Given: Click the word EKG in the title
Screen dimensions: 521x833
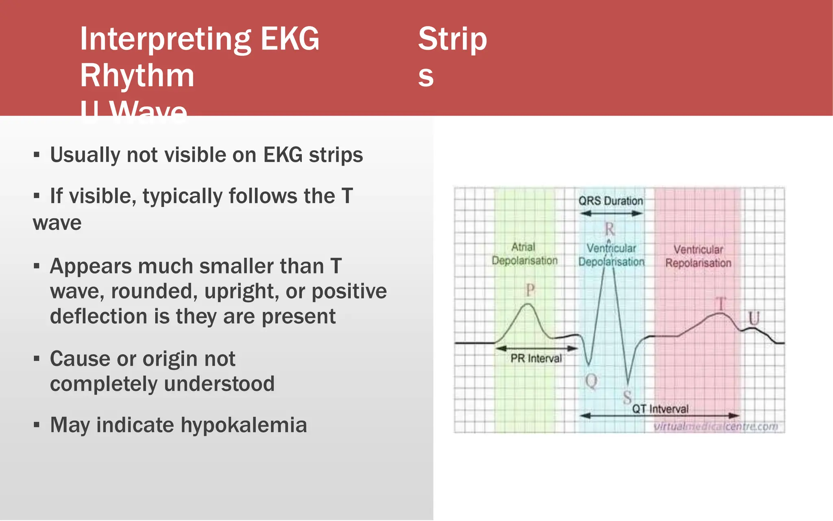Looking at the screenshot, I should (290, 39).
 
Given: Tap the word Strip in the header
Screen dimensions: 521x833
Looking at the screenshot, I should (452, 39).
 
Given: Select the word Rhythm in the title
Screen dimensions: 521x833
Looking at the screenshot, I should (137, 76).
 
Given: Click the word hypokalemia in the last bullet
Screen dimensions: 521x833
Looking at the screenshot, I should (244, 425).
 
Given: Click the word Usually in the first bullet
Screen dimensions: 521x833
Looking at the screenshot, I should (84, 155).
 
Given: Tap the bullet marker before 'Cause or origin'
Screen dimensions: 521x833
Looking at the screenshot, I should (37, 359).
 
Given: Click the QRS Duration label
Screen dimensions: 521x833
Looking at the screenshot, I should (611, 201).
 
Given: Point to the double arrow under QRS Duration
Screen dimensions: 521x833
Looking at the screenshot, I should (611, 213).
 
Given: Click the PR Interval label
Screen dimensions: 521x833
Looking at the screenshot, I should (536, 359).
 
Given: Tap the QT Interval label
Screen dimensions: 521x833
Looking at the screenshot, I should (660, 409).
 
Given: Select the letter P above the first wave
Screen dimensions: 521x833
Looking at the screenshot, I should (530, 290).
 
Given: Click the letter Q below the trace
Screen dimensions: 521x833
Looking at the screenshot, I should (591, 381).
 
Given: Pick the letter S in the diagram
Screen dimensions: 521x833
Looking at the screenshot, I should (627, 397).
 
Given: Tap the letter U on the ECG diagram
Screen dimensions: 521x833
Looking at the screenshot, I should (754, 318).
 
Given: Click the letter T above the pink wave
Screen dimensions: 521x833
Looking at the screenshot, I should (721, 304).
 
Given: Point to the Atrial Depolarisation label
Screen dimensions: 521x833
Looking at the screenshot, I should (524, 254).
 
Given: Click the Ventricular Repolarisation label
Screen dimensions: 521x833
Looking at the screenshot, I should (698, 256).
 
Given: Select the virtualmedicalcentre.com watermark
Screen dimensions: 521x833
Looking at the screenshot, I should (715, 427).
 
